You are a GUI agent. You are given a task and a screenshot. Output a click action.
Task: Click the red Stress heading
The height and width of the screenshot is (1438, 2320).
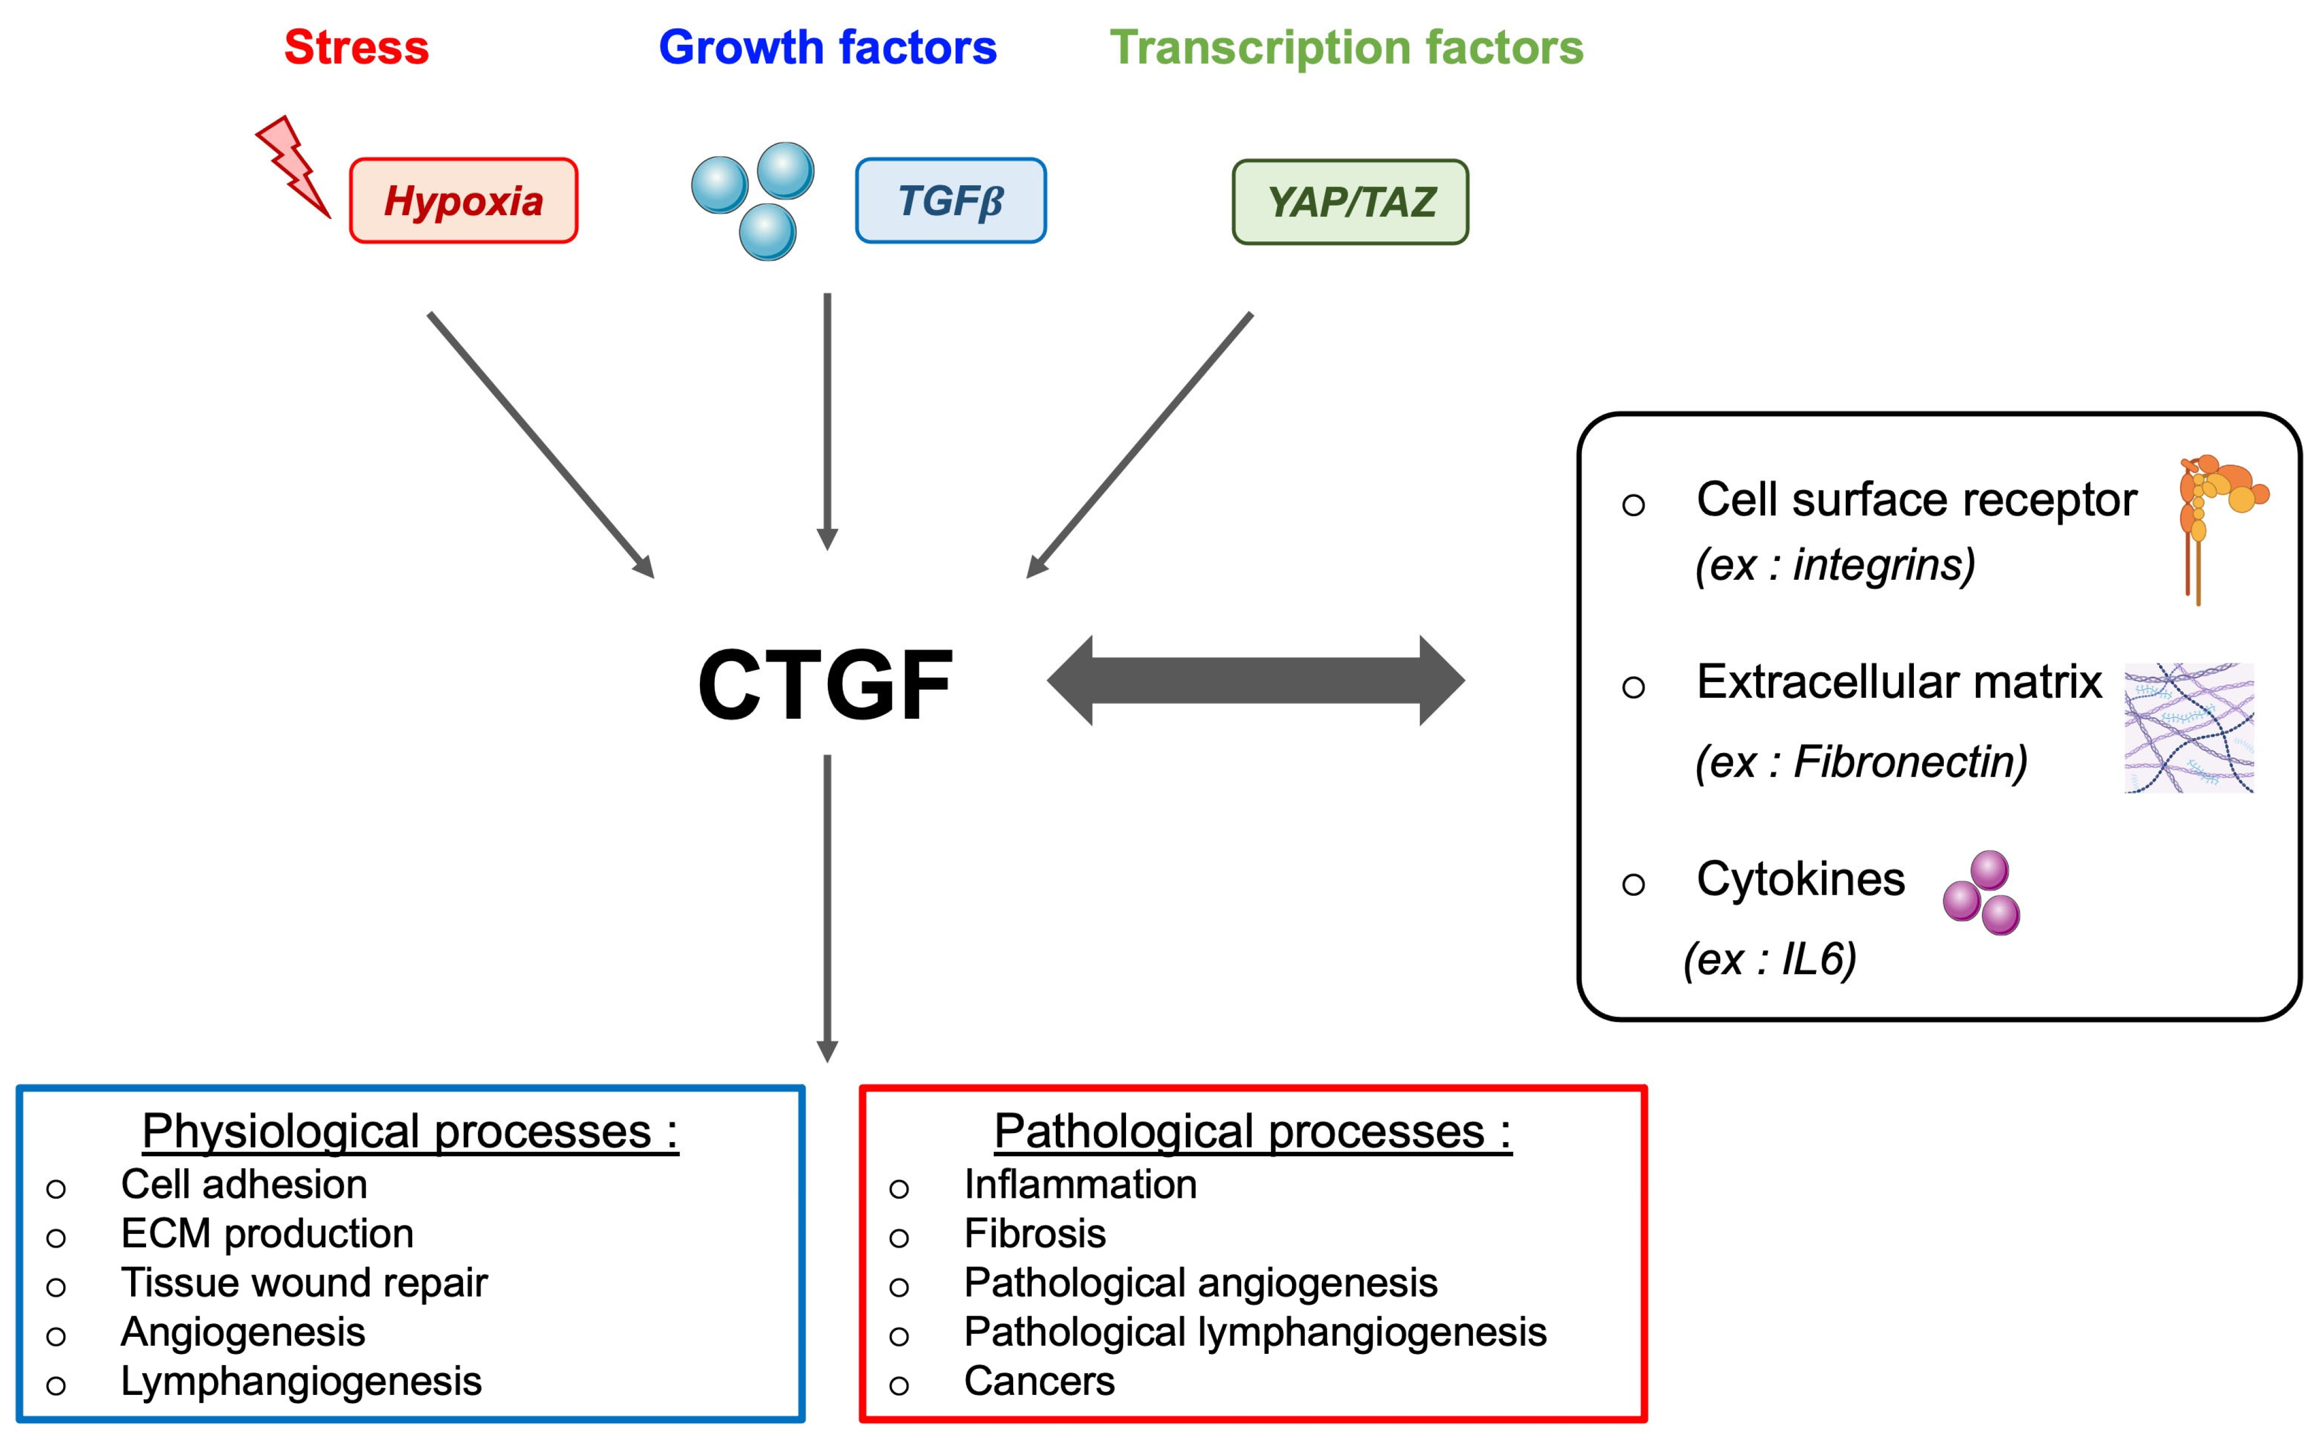[x=356, y=48]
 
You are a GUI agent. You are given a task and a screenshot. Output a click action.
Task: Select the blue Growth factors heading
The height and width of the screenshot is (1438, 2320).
[x=827, y=48]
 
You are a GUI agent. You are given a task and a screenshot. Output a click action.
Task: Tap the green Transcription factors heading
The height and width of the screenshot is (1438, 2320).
[x=1346, y=48]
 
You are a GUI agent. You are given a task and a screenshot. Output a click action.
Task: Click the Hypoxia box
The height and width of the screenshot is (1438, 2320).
[x=463, y=201]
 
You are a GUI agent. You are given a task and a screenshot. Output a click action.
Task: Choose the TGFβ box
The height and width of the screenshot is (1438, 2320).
[x=951, y=201]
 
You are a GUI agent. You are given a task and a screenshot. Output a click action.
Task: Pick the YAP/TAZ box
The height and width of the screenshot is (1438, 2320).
[x=1350, y=201]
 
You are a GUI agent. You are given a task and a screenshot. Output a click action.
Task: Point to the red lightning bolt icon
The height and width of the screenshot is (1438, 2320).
[x=293, y=167]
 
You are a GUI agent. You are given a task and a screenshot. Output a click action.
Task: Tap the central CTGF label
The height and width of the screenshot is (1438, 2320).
[x=826, y=685]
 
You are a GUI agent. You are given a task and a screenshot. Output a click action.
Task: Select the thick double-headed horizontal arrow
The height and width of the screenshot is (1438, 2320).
[x=1255, y=680]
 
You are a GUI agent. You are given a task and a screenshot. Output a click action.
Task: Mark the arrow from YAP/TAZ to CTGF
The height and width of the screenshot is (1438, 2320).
[x=1140, y=444]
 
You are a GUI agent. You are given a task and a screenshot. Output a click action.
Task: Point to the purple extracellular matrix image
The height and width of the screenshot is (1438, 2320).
[x=2189, y=728]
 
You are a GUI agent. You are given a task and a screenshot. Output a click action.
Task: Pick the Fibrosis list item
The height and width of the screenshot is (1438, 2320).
[x=1035, y=1233]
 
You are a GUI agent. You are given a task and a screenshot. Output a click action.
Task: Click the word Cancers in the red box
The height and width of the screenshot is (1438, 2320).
[x=1039, y=1381]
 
